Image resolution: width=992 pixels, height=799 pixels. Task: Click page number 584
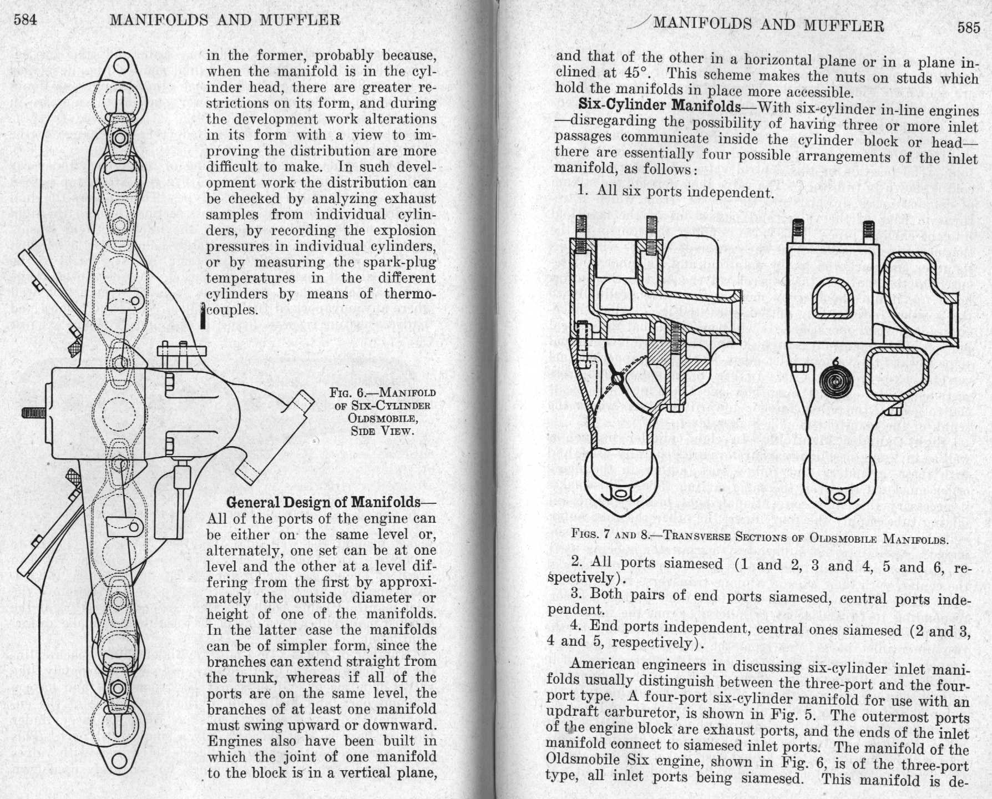[x=25, y=20]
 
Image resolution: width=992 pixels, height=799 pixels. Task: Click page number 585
[x=969, y=28]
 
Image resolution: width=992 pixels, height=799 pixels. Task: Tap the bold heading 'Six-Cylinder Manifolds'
[x=659, y=105]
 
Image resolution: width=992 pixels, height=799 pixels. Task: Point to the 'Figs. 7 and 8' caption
[x=760, y=537]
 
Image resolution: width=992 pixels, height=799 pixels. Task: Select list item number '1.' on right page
[x=583, y=190]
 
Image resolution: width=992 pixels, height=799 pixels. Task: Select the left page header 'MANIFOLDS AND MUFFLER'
[x=225, y=21]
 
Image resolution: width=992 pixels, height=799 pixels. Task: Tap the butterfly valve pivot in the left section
[x=617, y=379]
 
